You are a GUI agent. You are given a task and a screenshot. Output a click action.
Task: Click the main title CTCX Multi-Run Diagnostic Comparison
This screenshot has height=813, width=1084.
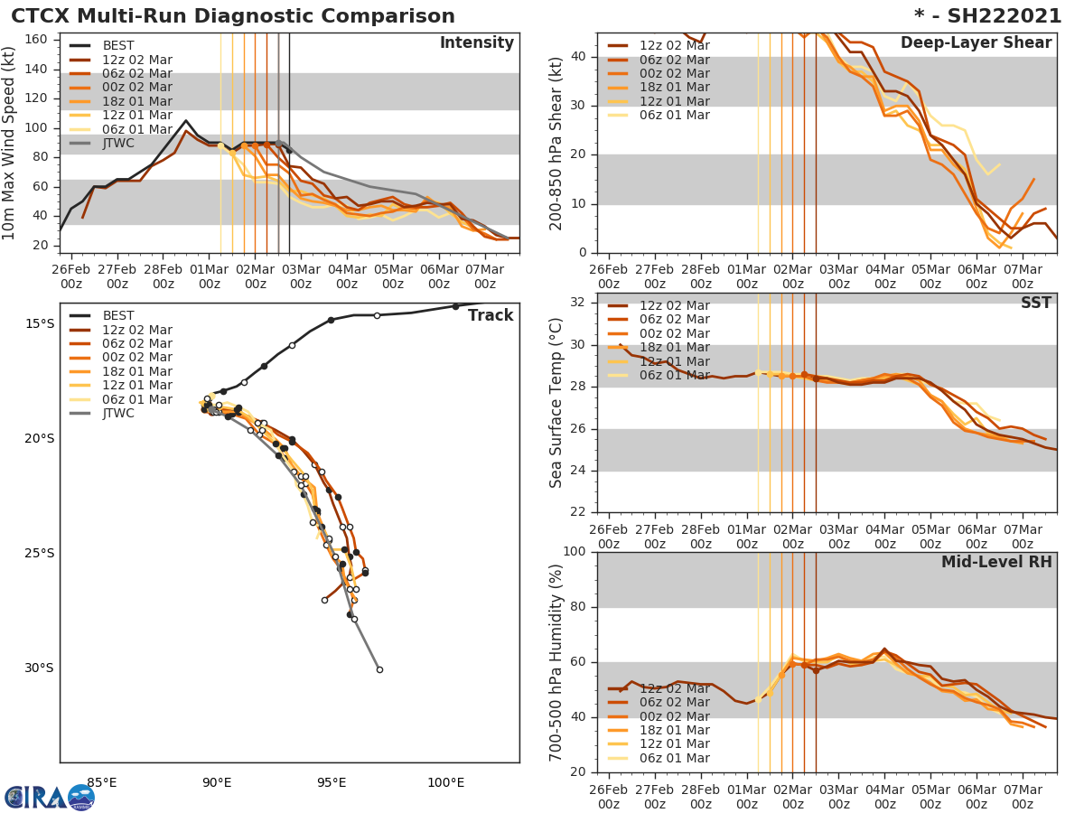click(233, 16)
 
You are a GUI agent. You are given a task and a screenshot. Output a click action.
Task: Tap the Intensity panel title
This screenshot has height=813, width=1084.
click(476, 43)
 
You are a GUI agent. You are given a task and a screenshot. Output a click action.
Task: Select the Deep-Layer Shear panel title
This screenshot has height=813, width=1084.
click(976, 43)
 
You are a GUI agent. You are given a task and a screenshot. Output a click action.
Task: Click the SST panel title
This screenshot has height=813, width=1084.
click(1035, 303)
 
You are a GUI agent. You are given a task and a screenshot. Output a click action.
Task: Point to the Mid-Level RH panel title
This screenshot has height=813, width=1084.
click(996, 562)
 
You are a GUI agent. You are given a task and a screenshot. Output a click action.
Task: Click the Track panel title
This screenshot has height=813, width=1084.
click(491, 315)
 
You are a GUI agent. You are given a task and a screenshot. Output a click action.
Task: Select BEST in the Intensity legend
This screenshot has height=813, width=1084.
click(119, 45)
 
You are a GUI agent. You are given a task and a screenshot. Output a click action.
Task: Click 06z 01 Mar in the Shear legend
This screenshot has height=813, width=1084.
click(674, 115)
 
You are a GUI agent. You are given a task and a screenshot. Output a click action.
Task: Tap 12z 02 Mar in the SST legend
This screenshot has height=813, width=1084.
click(674, 306)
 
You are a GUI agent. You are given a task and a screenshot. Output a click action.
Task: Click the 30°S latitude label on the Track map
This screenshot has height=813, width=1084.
click(39, 668)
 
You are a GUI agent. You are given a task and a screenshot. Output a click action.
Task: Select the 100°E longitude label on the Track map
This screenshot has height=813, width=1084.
click(446, 782)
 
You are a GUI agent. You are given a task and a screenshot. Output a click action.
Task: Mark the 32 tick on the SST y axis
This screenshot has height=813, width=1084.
click(579, 303)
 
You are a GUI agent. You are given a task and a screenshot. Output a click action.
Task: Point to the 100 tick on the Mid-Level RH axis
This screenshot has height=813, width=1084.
click(575, 552)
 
